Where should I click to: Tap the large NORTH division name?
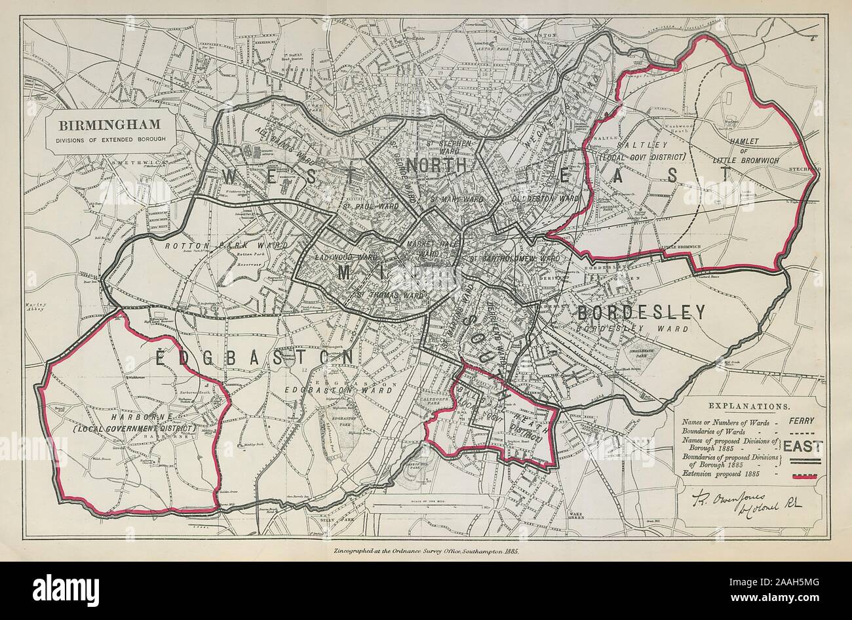point(436,164)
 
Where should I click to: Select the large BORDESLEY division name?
point(640,312)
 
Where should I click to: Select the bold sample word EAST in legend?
point(804,448)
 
